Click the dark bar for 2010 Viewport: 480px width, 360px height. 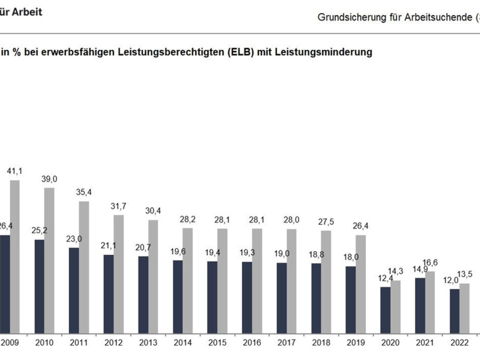click(40, 286)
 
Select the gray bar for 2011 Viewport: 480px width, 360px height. click(84, 267)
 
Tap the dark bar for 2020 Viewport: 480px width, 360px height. click(385, 310)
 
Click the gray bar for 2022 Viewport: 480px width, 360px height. click(464, 308)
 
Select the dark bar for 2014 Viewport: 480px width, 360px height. click(178, 296)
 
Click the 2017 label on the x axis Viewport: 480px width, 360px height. click(286, 343)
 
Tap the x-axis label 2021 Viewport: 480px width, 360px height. click(425, 343)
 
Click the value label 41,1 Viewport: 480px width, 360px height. click(15, 171)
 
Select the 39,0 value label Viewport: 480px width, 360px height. click(49, 179)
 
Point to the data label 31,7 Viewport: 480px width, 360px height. click(118, 206)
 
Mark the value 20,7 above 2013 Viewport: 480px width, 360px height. click(143, 248)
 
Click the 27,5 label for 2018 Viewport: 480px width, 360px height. click(326, 222)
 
